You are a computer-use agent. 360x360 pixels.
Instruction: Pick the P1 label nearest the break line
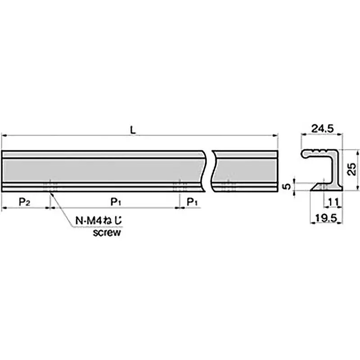click(x=192, y=202)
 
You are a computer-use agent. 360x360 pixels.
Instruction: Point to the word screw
click(x=106, y=233)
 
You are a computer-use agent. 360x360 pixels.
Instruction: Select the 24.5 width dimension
click(x=323, y=129)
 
